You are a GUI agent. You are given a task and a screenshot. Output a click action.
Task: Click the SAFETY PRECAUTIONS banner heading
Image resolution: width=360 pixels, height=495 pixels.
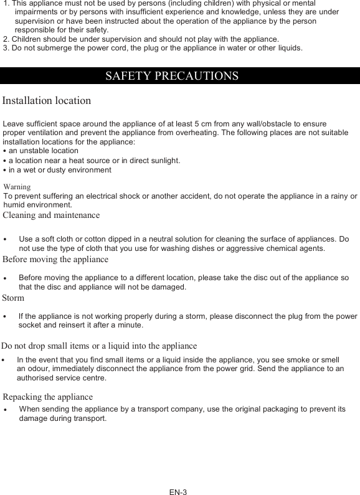point(172,76)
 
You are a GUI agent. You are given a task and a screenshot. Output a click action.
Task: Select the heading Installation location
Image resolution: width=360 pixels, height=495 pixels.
point(47,100)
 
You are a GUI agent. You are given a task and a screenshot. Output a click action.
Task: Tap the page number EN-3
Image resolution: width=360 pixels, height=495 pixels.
point(178,492)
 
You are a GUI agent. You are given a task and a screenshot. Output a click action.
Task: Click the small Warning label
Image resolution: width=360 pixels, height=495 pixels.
point(17,186)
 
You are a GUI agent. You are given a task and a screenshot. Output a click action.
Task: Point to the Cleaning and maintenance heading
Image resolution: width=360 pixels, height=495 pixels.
point(51,215)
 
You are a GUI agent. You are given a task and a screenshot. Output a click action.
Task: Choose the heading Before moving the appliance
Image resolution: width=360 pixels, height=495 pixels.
point(55,259)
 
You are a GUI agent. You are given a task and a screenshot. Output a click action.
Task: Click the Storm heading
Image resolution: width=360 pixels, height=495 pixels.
point(13,298)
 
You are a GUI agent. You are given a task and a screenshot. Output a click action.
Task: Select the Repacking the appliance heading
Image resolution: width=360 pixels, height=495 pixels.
point(48,397)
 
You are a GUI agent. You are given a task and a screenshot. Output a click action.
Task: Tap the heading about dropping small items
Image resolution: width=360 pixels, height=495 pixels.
point(99,346)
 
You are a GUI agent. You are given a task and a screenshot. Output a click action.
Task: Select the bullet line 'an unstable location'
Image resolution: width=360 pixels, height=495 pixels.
point(43,151)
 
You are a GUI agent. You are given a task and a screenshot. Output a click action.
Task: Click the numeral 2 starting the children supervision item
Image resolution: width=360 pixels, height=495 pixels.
point(6,39)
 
